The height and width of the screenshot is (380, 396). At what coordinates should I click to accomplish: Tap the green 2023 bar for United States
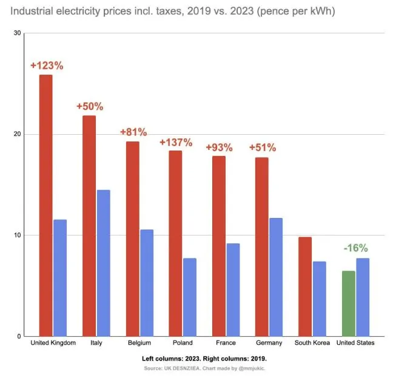click(x=349, y=304)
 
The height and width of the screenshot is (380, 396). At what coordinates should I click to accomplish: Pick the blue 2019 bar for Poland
click(x=190, y=297)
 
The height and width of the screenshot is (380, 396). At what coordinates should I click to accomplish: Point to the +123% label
click(x=47, y=65)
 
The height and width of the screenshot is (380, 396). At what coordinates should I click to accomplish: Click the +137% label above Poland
click(x=176, y=142)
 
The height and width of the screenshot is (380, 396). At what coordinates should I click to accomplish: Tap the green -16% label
click(x=355, y=248)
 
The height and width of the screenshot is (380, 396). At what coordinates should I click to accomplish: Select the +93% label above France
click(x=219, y=148)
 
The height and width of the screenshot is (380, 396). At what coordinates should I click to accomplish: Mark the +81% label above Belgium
click(x=133, y=132)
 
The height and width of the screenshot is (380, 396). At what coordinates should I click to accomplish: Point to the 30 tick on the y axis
click(x=17, y=33)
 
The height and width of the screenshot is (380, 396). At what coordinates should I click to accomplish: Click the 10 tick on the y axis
click(x=17, y=236)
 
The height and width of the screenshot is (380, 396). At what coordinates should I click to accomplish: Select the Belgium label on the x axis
click(x=139, y=343)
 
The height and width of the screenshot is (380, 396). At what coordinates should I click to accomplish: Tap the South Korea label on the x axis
click(x=312, y=343)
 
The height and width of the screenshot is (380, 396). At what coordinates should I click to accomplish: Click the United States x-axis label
click(x=355, y=343)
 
